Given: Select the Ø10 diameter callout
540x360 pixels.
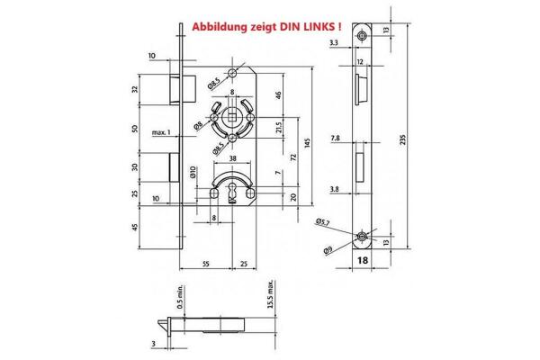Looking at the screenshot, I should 192,171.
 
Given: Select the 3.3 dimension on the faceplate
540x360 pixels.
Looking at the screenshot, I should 335,42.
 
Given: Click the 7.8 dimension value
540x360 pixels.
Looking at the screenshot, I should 335,139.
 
